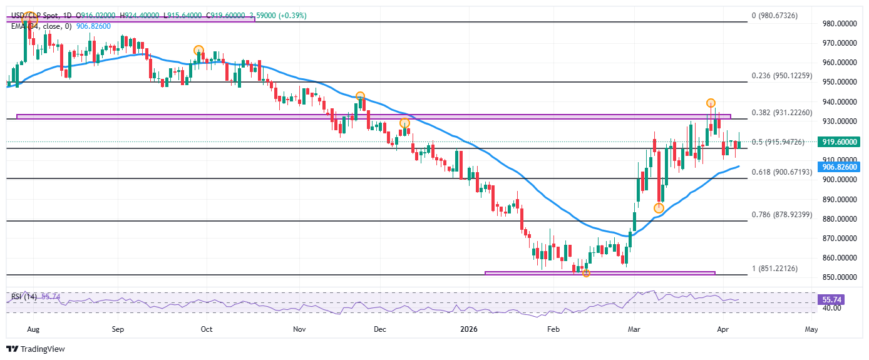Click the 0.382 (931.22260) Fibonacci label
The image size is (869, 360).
tap(781, 113)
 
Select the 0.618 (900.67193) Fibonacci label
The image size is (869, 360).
tap(781, 172)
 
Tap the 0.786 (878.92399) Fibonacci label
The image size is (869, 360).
tap(781, 214)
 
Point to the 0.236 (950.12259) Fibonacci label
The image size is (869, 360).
tap(781, 76)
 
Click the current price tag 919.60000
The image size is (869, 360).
tap(840, 142)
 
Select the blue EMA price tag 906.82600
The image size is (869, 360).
tap(840, 167)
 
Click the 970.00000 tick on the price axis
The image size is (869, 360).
tap(840, 43)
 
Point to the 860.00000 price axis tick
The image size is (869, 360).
tap(840, 258)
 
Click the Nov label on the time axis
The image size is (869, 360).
tap(299, 329)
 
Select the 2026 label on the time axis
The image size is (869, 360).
tap(468, 329)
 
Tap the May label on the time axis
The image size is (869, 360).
tap(811, 329)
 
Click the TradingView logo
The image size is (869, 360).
tap(36, 349)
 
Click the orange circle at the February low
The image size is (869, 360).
tap(586, 273)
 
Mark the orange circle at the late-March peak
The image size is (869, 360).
tap(711, 103)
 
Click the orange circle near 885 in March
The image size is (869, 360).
tap(659, 208)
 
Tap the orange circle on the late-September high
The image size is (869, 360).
tap(198, 50)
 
